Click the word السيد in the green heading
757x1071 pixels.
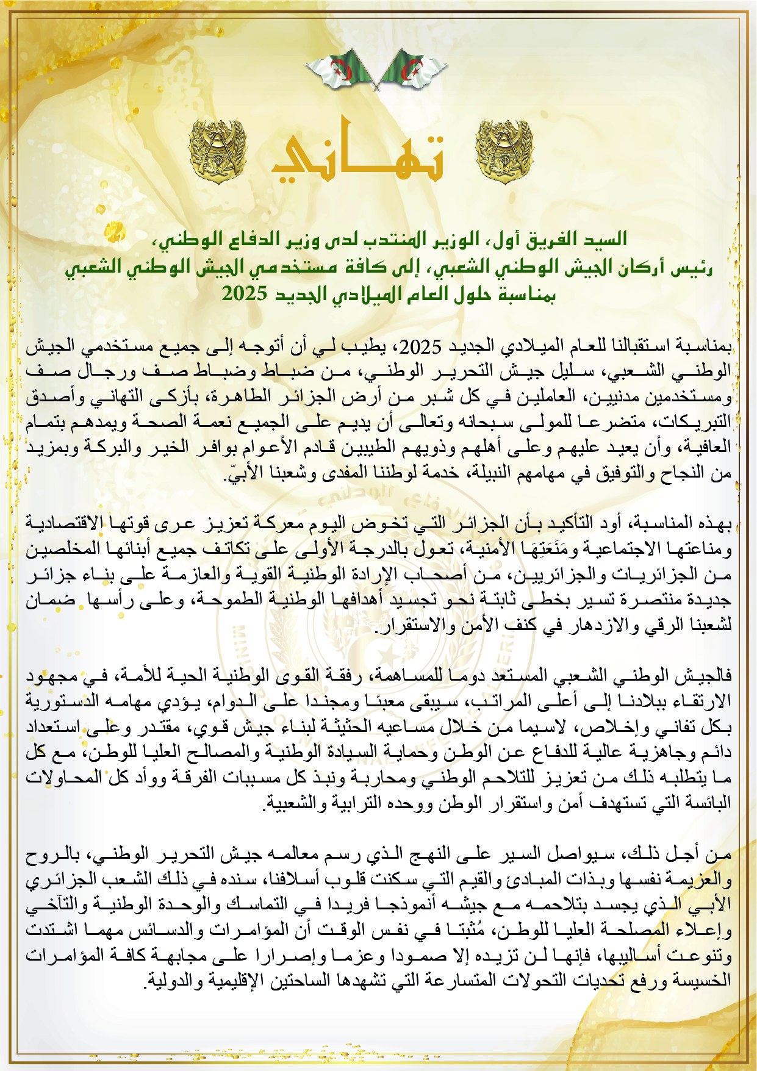[x=605, y=238]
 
